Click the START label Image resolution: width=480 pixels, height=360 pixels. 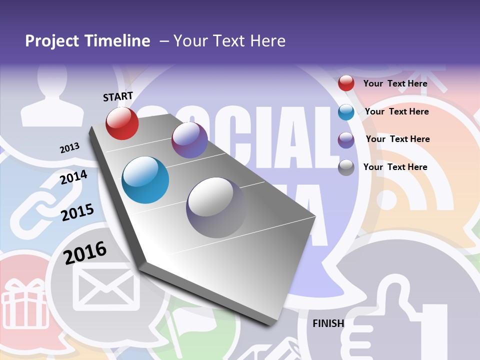(118, 96)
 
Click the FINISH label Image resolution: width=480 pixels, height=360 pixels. (328, 323)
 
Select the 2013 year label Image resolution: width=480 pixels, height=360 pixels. (70, 148)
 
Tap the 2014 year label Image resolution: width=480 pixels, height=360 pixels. (74, 177)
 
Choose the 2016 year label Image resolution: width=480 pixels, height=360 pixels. (85, 252)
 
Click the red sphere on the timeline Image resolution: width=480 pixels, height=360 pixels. (122, 123)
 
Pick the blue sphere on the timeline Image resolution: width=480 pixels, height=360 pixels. (145, 180)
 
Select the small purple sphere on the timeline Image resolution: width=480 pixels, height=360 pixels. (189, 140)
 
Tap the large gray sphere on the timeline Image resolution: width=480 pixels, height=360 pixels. (216, 207)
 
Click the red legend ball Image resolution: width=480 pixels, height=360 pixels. (346, 83)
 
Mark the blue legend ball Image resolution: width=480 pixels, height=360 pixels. (346, 112)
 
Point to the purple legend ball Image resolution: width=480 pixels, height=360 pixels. (346, 139)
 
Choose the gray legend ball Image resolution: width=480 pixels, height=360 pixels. (346, 167)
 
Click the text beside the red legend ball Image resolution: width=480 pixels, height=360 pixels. (395, 83)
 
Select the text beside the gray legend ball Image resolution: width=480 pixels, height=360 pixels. (395, 167)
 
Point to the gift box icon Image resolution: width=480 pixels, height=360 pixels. (25, 305)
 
